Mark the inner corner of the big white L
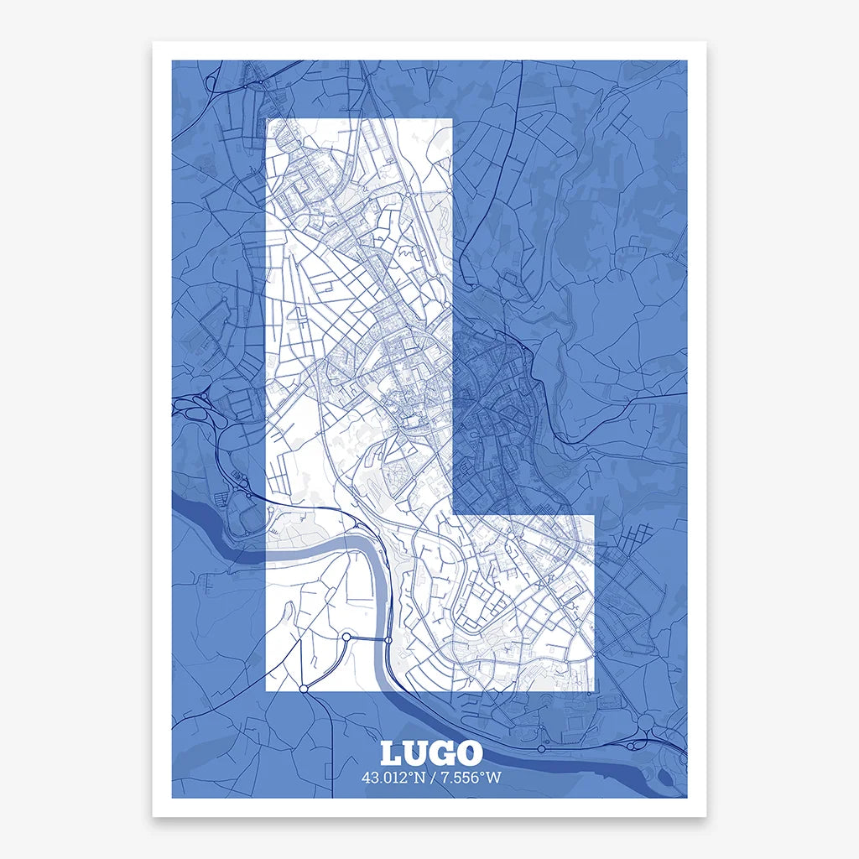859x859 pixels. tap(454, 514)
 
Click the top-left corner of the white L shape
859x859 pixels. tap(267, 119)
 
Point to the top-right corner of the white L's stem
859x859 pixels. tap(453, 119)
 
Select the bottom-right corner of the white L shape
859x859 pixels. tap(594, 691)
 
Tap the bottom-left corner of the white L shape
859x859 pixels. tap(267, 691)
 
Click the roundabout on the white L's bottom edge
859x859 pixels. tap(304, 689)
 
